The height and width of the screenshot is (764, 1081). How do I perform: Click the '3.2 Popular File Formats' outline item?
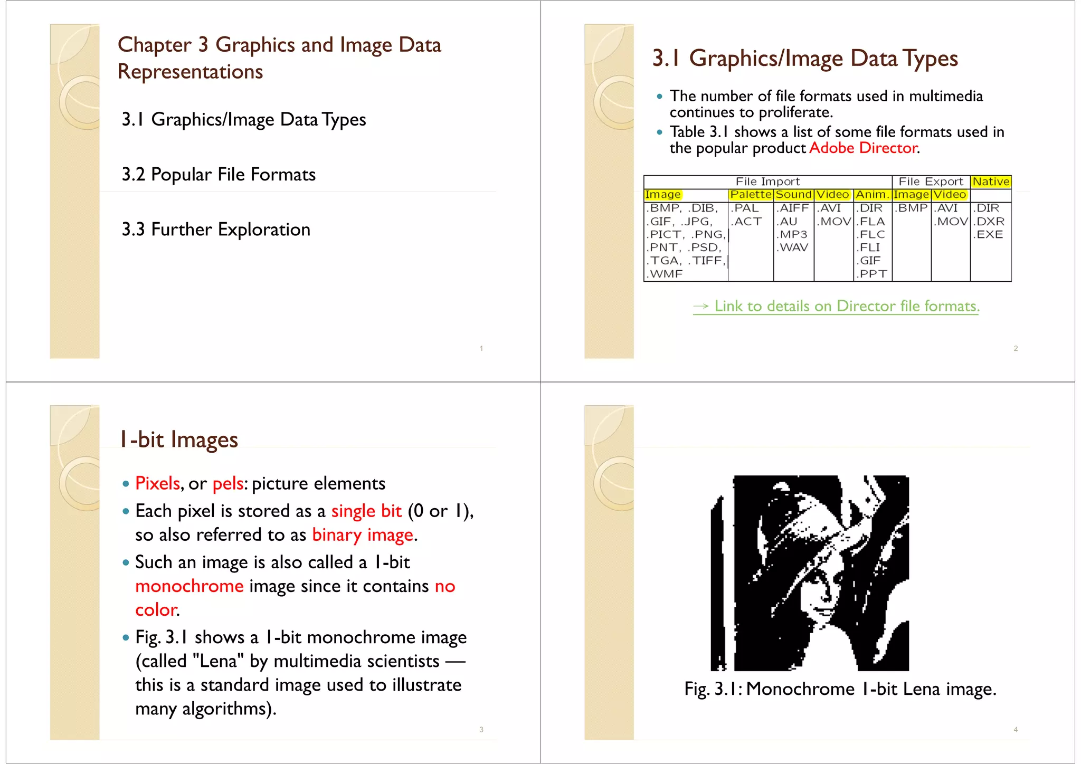point(219,175)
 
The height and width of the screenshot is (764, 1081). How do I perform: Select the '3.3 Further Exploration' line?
point(216,230)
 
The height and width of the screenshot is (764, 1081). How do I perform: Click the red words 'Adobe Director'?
point(863,148)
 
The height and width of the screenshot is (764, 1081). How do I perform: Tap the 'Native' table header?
point(991,182)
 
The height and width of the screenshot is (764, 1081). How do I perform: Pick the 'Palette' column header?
point(751,195)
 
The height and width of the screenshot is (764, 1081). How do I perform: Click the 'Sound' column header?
point(793,195)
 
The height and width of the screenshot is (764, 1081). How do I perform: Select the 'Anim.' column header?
point(873,195)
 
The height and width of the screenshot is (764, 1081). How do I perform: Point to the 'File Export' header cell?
point(931,182)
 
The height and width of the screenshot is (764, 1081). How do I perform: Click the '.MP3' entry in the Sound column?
point(792,234)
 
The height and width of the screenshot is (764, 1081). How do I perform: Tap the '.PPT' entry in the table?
point(872,274)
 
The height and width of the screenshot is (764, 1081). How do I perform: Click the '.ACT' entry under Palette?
point(746,222)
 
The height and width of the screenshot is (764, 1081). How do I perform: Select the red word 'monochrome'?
point(189,586)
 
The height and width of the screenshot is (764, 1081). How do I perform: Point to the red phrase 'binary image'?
point(363,535)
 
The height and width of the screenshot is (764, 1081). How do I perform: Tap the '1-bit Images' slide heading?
point(178,440)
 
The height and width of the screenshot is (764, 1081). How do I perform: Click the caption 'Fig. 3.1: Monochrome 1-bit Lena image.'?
point(840,689)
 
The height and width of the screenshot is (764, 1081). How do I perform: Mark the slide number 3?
point(481,730)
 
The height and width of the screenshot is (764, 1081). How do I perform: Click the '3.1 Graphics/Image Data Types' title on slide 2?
point(805,59)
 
